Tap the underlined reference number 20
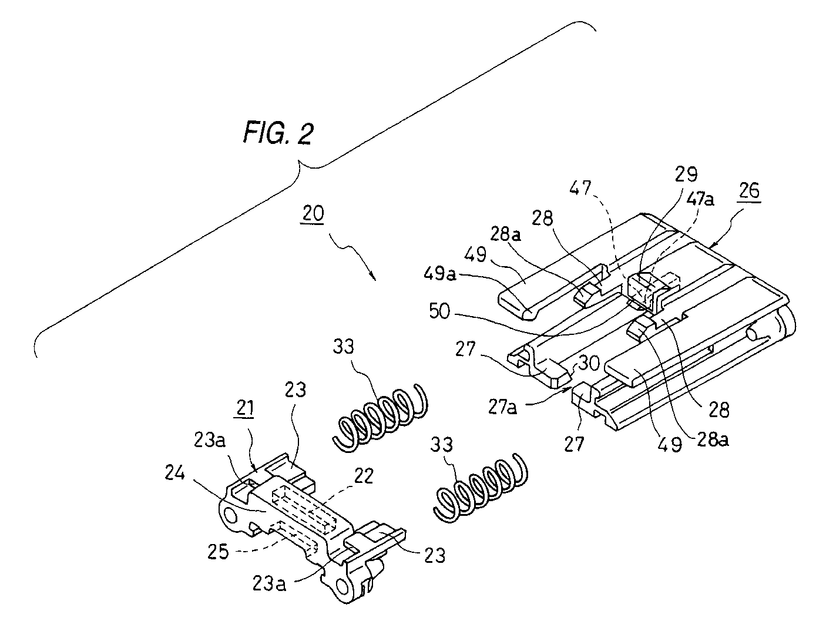313,214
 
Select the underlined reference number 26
749,191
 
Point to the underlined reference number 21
245,408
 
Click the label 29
686,174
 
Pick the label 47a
700,200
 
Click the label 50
440,311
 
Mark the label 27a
503,407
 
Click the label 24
175,473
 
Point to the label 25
218,552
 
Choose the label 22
363,476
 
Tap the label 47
580,187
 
